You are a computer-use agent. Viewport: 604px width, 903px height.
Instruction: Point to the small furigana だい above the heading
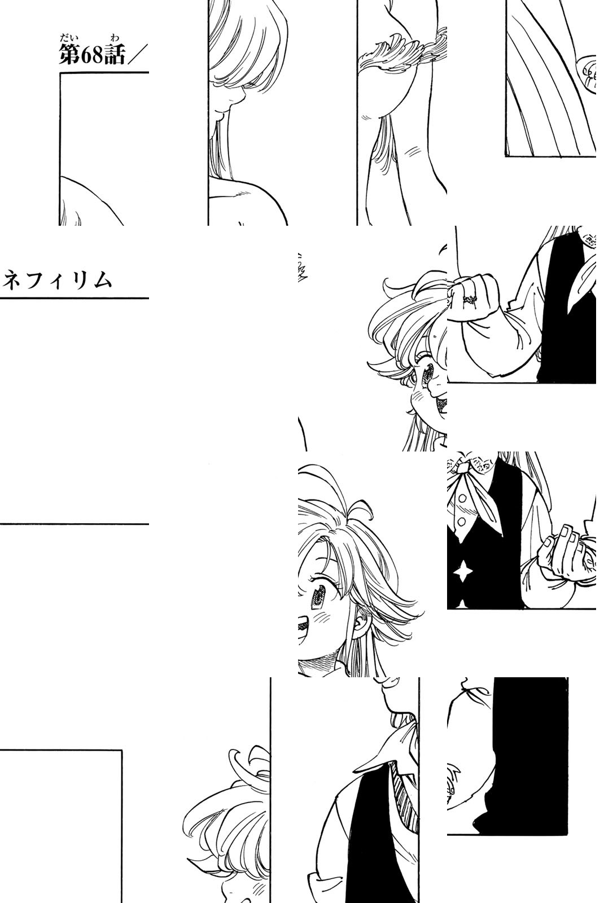(x=66, y=39)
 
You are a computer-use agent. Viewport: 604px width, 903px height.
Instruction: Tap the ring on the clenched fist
(x=470, y=299)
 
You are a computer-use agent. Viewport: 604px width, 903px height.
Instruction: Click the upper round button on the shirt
(x=462, y=498)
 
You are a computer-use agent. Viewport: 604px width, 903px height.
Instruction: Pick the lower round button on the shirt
(x=462, y=522)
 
